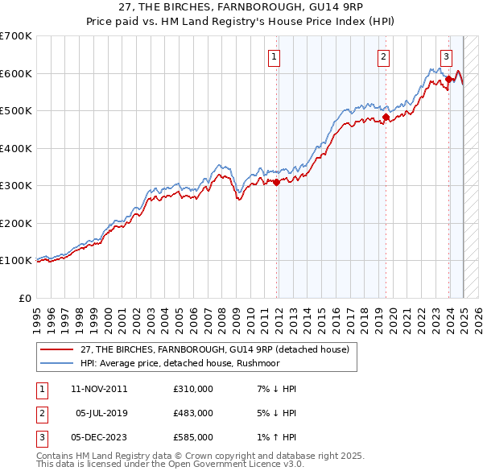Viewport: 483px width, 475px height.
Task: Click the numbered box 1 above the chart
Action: click(275, 56)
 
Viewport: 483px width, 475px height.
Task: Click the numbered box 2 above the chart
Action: click(383, 56)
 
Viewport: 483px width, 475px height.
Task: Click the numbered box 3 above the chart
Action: click(446, 56)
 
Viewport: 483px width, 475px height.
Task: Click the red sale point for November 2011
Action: click(276, 182)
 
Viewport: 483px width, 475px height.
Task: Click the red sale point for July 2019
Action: click(386, 118)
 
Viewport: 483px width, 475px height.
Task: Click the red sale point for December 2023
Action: click(448, 79)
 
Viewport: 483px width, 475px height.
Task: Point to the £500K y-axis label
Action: click(16, 111)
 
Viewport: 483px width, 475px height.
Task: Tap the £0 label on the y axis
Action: click(26, 298)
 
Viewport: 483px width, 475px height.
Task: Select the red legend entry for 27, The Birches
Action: click(214, 350)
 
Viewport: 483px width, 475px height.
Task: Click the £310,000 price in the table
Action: click(193, 389)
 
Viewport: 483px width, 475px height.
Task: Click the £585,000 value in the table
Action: click(193, 437)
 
